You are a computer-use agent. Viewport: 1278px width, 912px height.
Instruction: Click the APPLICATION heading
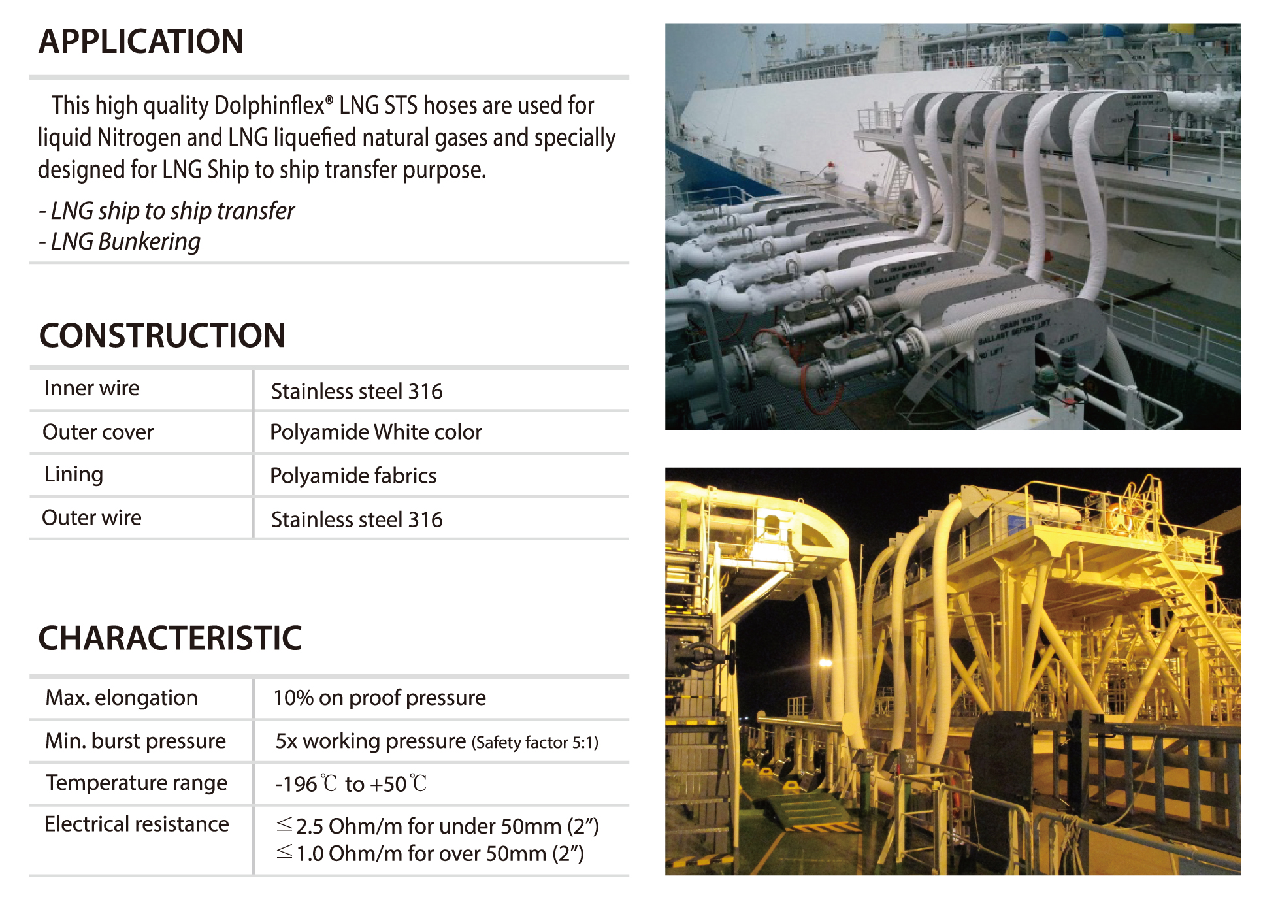[140, 41]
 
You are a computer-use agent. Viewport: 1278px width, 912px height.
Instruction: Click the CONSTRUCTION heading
[162, 335]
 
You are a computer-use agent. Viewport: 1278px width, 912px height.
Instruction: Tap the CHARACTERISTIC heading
[170, 638]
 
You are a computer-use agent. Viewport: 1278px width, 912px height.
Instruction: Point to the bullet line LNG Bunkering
[120, 242]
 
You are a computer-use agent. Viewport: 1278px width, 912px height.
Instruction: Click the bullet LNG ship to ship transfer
[167, 211]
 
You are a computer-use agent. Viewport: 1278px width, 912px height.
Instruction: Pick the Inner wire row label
[91, 388]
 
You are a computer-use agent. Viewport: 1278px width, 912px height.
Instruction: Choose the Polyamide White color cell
[376, 432]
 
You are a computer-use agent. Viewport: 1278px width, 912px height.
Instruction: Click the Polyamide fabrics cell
[353, 476]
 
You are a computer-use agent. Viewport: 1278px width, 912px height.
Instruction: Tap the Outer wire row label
[91, 517]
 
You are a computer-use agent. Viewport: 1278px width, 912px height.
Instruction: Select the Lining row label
[74, 474]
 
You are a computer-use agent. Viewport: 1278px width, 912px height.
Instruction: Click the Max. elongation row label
[122, 698]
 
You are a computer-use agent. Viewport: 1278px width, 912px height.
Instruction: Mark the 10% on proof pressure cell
[380, 698]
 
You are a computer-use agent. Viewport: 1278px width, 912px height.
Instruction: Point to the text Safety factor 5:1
[534, 742]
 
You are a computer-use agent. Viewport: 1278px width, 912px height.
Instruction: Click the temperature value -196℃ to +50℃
[351, 783]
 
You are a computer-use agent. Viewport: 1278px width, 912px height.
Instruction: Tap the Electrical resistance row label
[137, 824]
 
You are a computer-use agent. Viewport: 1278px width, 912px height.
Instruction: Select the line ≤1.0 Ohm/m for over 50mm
[430, 853]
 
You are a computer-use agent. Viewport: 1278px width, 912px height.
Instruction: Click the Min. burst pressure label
[135, 741]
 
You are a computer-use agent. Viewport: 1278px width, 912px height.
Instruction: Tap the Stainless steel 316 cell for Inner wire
[357, 391]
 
